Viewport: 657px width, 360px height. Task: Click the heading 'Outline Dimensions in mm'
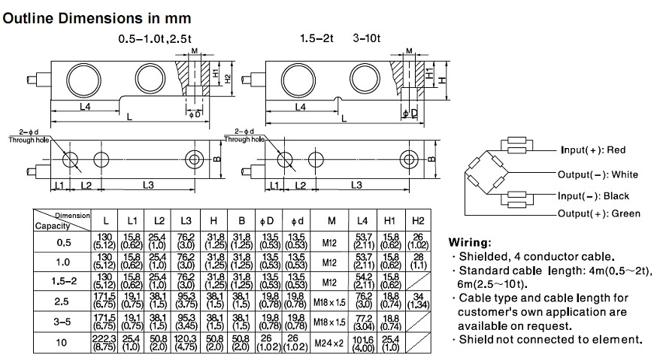point(97,17)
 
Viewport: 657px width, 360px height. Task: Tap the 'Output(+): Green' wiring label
point(599,213)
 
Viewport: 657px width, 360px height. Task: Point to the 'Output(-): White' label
point(598,175)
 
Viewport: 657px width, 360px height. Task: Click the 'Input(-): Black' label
point(595,195)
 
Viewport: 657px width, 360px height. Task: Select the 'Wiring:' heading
point(471,243)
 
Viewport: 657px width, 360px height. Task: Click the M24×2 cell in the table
point(331,342)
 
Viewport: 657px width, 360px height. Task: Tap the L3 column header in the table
point(186,220)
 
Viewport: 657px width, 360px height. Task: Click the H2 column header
point(418,220)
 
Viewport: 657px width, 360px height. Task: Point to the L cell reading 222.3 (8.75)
point(105,342)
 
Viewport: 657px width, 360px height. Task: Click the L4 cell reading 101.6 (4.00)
point(363,342)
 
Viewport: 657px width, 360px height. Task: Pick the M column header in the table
point(331,220)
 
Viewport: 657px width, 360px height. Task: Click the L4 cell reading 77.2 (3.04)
point(363,322)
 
